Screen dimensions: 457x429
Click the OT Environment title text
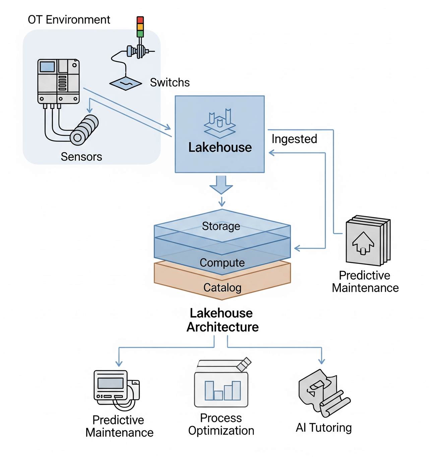[69, 20]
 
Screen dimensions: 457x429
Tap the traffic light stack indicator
[140, 26]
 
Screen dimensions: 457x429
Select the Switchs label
[170, 82]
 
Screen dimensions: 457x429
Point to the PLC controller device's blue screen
[47, 67]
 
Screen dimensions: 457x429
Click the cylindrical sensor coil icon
[84, 130]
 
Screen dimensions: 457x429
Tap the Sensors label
[81, 157]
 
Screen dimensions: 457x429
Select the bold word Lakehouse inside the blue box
[220, 147]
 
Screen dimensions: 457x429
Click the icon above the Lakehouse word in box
[220, 123]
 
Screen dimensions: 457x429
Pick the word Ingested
[294, 139]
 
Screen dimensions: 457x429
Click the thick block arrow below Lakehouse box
[221, 184]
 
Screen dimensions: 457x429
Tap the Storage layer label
[221, 226]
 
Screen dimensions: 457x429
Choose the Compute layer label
[222, 263]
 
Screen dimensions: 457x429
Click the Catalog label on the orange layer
[222, 288]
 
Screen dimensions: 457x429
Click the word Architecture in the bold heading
[223, 327]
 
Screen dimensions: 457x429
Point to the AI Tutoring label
[323, 428]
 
